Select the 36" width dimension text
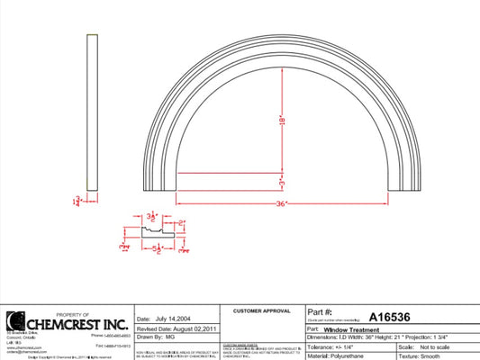click(x=282, y=204)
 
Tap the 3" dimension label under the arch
click(x=282, y=183)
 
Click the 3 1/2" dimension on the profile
click(x=153, y=216)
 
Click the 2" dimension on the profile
click(x=181, y=222)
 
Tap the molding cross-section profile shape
click(x=153, y=232)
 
